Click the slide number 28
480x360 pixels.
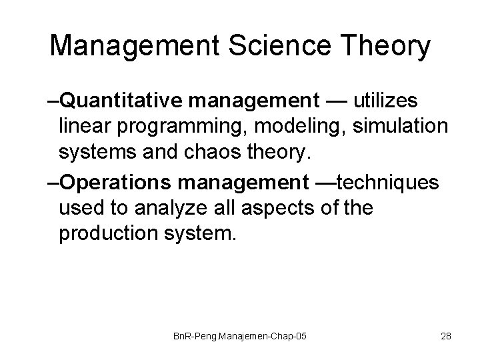click(x=446, y=336)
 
